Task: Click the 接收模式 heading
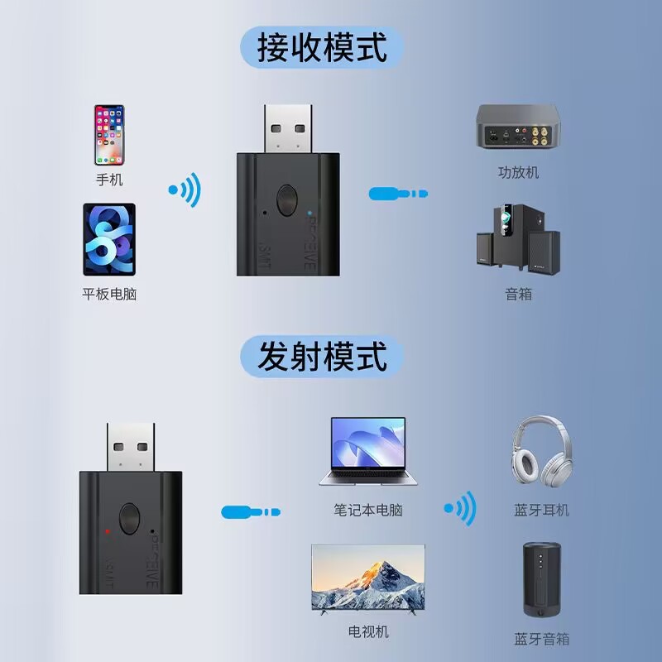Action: (322, 47)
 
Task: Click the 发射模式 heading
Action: (322, 357)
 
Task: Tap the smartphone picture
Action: (109, 135)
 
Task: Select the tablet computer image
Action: (108, 240)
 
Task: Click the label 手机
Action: (109, 180)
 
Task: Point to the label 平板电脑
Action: (109, 293)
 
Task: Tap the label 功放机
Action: (519, 172)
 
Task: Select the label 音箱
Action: (519, 293)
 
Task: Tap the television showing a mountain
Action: (368, 577)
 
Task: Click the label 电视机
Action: (368, 632)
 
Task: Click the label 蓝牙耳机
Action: (542, 510)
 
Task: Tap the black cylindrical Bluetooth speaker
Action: (542, 579)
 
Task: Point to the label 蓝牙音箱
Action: (542, 639)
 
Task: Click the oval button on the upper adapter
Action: (286, 200)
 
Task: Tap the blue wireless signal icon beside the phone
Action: (186, 190)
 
